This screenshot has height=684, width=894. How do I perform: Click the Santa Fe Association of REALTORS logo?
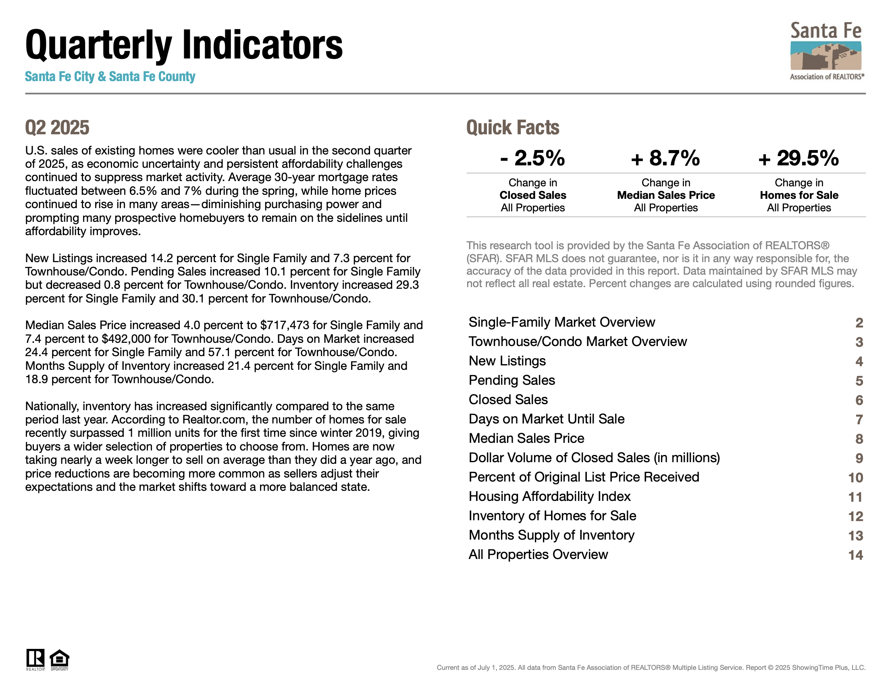(x=826, y=51)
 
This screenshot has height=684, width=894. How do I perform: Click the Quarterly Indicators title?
(x=184, y=45)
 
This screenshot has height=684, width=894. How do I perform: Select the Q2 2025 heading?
(x=57, y=127)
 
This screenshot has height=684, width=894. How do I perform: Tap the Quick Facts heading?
(x=513, y=127)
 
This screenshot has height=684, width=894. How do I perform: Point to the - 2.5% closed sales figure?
(x=532, y=158)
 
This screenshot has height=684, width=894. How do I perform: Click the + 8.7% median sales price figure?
(x=665, y=158)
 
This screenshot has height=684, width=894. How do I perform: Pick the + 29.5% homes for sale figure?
(x=798, y=158)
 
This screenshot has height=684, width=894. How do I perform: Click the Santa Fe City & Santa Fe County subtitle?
(x=110, y=77)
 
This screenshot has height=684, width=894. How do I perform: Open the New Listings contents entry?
(x=507, y=361)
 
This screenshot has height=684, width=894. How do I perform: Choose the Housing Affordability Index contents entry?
(x=549, y=497)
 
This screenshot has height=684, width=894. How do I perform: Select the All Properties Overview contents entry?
(x=538, y=555)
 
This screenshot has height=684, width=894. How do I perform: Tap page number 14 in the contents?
(x=855, y=555)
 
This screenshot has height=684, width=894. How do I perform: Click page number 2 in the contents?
(x=859, y=323)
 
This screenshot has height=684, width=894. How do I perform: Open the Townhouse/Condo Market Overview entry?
(x=578, y=342)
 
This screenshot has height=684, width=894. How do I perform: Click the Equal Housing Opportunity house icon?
(x=59, y=659)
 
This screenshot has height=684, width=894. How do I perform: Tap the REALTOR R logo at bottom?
(x=35, y=659)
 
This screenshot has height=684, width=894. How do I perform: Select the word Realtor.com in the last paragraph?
(x=214, y=420)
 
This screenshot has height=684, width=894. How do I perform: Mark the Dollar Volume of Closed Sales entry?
(x=594, y=458)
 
